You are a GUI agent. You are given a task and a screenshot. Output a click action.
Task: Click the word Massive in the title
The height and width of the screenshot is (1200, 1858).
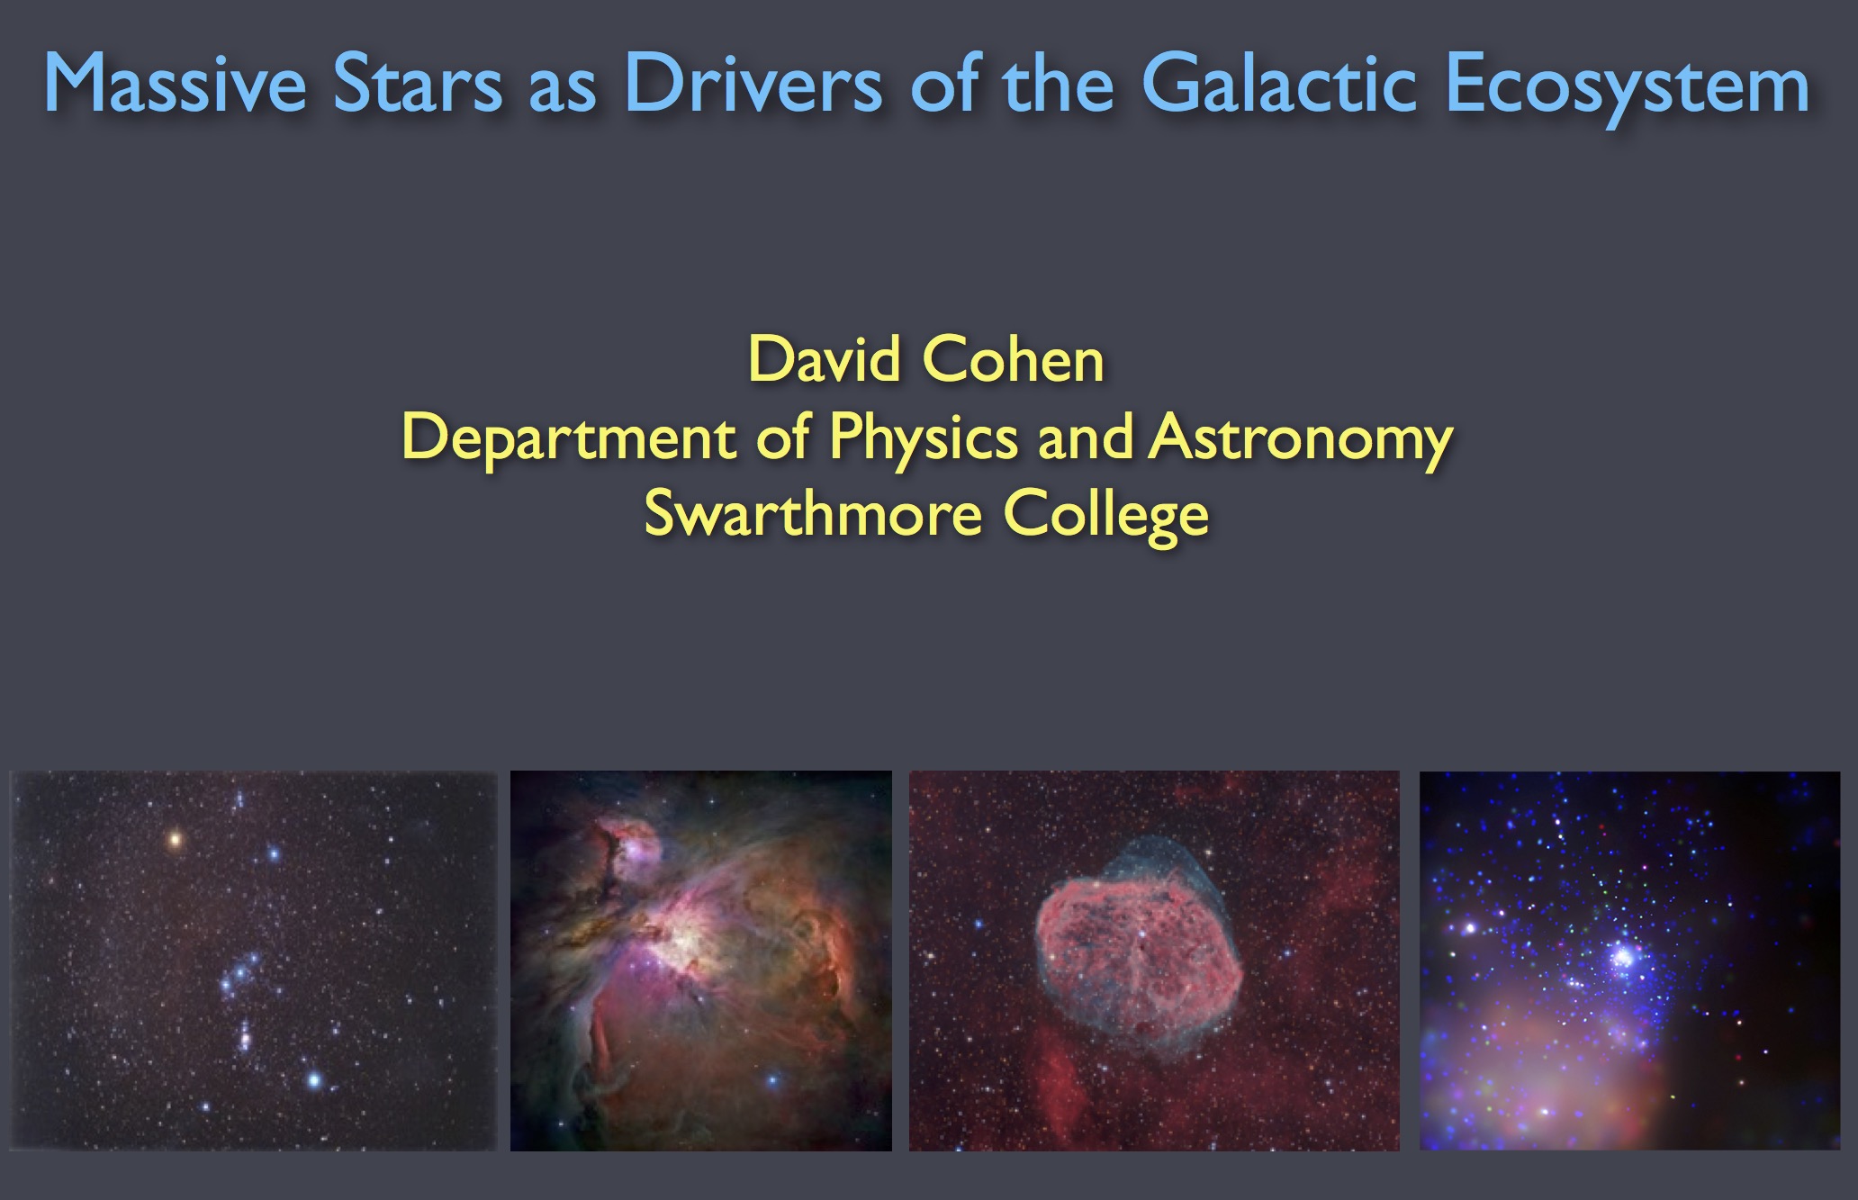176,84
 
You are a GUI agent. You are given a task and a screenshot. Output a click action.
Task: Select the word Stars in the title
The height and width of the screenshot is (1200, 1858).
418,84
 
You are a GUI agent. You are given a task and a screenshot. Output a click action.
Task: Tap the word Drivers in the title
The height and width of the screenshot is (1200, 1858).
753,84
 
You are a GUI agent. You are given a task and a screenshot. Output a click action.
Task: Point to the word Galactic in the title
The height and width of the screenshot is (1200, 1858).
1280,84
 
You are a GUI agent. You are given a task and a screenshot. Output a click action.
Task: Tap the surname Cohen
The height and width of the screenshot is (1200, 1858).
1015,360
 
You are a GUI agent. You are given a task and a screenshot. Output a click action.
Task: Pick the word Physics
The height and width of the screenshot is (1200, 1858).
924,439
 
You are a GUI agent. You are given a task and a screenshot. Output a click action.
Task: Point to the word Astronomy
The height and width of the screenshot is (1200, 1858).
1302,439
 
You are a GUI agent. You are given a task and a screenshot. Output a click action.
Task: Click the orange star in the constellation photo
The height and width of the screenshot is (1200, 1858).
175,841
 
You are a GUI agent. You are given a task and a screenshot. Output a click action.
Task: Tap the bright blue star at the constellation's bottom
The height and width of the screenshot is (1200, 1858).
314,1078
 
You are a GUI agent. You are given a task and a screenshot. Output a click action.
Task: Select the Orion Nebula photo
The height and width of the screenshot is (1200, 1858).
701,961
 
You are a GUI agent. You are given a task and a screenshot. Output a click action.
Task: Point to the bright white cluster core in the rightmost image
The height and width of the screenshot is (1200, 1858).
1624,956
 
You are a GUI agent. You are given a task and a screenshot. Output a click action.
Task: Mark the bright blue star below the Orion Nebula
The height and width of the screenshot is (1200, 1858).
771,1079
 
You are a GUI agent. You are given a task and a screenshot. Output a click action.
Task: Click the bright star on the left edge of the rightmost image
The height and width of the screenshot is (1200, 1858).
1470,927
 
